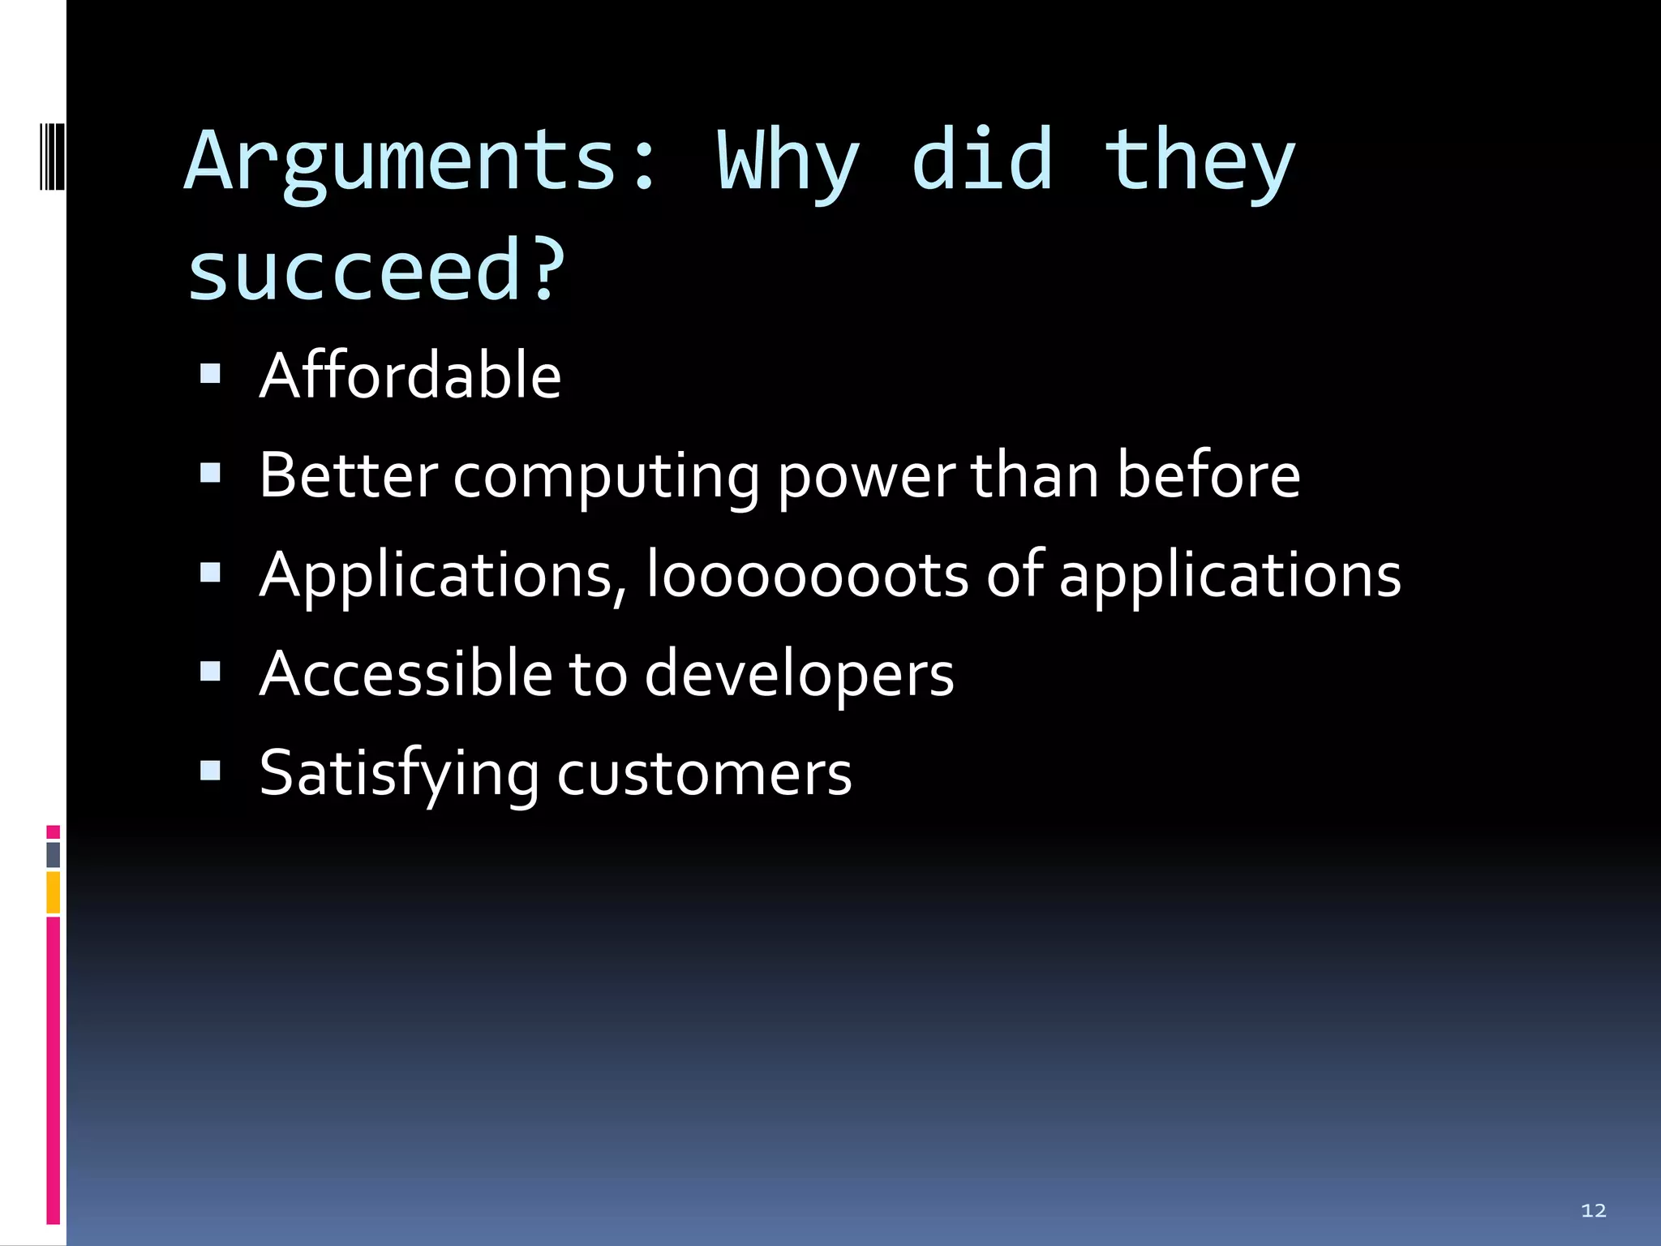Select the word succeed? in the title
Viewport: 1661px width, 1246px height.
pyautogui.click(x=376, y=270)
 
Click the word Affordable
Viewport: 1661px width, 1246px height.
pyautogui.click(x=410, y=376)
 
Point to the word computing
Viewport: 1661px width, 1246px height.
pyautogui.click(x=606, y=477)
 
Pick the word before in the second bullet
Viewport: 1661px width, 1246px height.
pyautogui.click(x=1208, y=475)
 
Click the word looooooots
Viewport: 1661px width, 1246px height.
pyautogui.click(x=807, y=575)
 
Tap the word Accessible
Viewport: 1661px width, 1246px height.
pyautogui.click(x=406, y=674)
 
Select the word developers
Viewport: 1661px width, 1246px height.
pyautogui.click(x=799, y=676)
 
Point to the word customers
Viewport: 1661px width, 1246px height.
pyautogui.click(x=704, y=775)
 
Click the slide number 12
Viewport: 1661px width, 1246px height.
pyautogui.click(x=1594, y=1210)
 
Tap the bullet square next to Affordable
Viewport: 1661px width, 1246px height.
pyautogui.click(x=210, y=373)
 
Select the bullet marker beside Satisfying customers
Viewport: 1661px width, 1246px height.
pyautogui.click(x=210, y=770)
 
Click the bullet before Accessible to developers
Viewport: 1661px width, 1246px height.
pyautogui.click(x=210, y=671)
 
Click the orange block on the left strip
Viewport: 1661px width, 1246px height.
pyautogui.click(x=54, y=892)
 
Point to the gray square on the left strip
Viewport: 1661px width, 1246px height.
pyautogui.click(x=54, y=854)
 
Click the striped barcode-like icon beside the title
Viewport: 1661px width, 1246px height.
pyautogui.click(x=52, y=156)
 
